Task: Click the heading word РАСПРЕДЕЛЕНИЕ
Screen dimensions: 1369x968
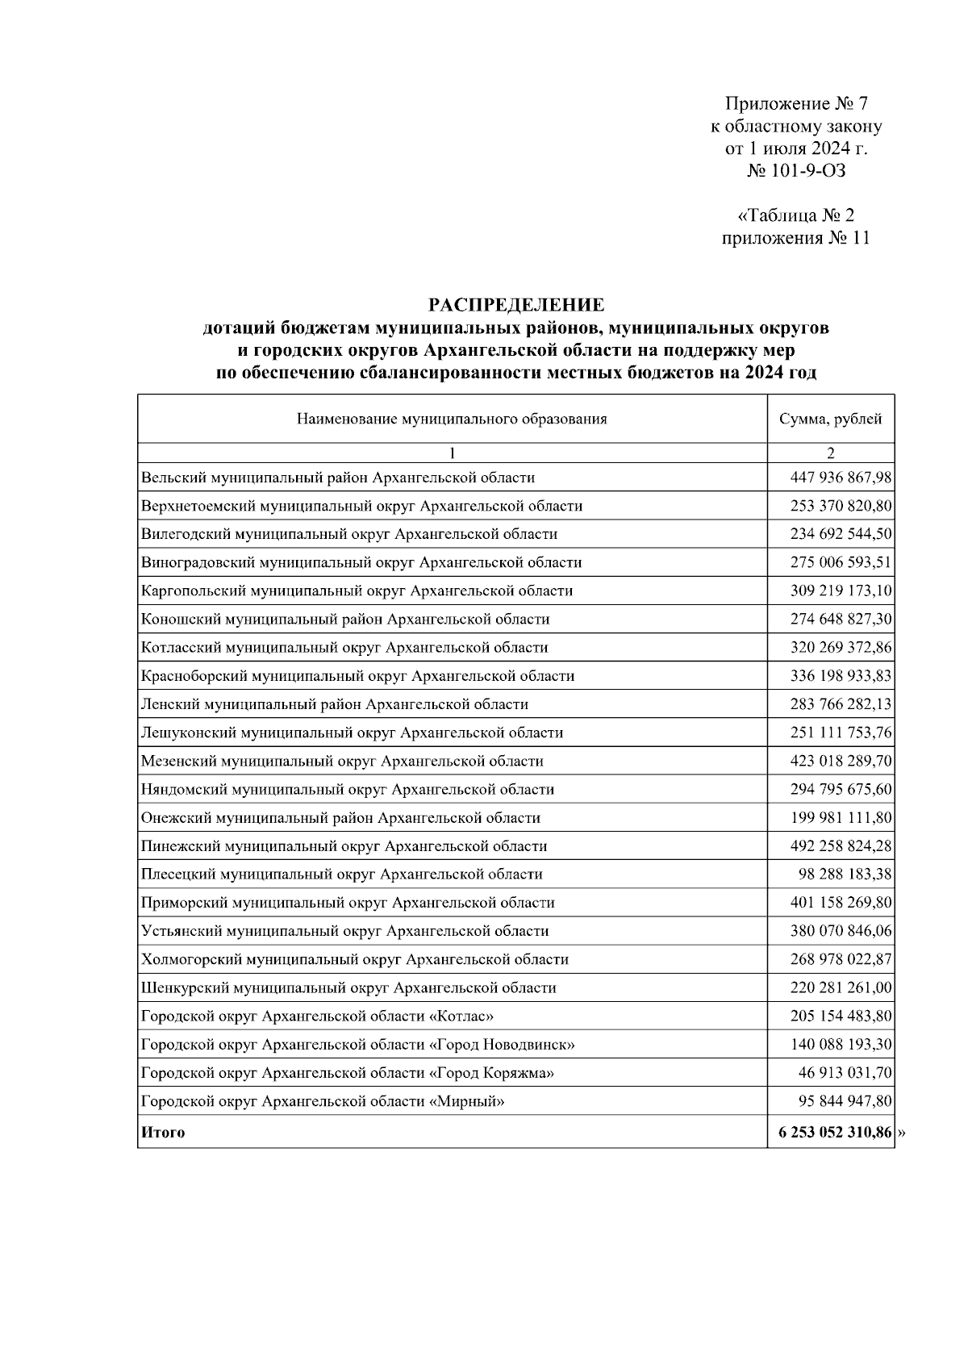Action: coord(515,305)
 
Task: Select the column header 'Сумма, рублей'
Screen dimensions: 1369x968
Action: coord(830,419)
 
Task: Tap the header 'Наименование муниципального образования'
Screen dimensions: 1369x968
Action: coord(452,419)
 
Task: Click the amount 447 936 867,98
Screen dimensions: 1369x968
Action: coord(841,478)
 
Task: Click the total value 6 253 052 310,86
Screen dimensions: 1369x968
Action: coord(835,1133)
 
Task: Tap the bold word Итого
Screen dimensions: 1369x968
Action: coord(163,1133)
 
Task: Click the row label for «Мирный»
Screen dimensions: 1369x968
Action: coord(323,1102)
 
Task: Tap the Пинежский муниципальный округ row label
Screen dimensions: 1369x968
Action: coord(344,846)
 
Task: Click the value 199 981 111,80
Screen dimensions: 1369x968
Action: coord(841,818)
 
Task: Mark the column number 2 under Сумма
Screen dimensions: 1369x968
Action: coord(830,453)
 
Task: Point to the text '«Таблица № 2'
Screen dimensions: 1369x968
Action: coord(795,216)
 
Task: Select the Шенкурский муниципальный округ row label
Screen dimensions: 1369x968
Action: coord(348,988)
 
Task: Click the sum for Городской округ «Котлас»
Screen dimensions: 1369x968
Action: coord(841,1016)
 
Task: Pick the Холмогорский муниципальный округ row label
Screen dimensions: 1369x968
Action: coord(354,960)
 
